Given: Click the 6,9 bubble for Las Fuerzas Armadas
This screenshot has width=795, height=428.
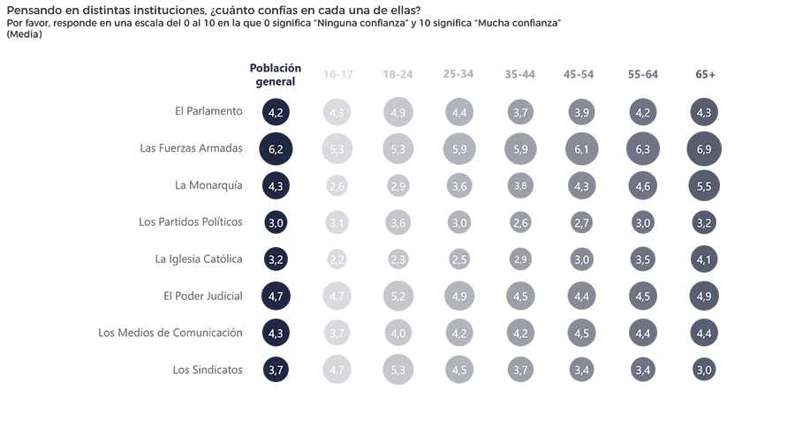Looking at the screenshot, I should (704, 148).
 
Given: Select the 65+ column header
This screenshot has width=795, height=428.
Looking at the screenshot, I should (705, 75).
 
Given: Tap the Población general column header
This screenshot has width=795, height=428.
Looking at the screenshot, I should (276, 75).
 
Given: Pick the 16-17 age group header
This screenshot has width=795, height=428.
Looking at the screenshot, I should (337, 75).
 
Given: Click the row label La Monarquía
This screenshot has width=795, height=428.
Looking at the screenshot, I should (209, 185).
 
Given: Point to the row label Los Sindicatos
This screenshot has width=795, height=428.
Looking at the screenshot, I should (208, 370).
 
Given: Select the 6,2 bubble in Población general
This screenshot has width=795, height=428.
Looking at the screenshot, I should (276, 148).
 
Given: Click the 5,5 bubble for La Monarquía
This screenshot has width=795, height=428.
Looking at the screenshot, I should (704, 185).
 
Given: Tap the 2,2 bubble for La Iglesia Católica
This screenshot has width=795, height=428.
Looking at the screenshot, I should (337, 259).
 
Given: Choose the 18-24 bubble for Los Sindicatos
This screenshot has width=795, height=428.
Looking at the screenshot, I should (398, 370).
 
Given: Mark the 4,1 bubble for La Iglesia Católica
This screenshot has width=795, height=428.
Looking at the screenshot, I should (704, 259).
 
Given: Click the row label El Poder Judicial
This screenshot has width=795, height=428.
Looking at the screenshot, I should (202, 296).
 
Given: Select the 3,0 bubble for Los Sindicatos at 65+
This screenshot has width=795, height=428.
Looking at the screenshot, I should (704, 370).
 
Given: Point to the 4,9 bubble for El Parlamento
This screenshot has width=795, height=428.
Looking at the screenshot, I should (398, 112).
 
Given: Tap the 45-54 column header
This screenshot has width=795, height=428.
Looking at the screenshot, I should (579, 75).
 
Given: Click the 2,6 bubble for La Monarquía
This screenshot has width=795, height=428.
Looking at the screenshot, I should (337, 185).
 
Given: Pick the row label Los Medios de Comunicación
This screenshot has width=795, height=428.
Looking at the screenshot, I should (170, 333).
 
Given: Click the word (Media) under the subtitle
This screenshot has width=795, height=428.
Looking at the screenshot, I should (24, 34).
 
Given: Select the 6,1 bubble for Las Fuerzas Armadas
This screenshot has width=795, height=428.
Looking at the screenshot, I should (582, 148).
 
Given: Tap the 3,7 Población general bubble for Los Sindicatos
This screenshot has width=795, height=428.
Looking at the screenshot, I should (276, 370).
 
